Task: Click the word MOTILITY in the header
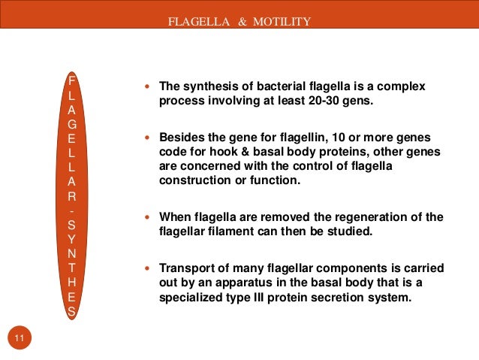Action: (285, 21)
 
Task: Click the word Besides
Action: (181, 138)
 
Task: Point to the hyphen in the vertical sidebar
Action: (71, 210)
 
